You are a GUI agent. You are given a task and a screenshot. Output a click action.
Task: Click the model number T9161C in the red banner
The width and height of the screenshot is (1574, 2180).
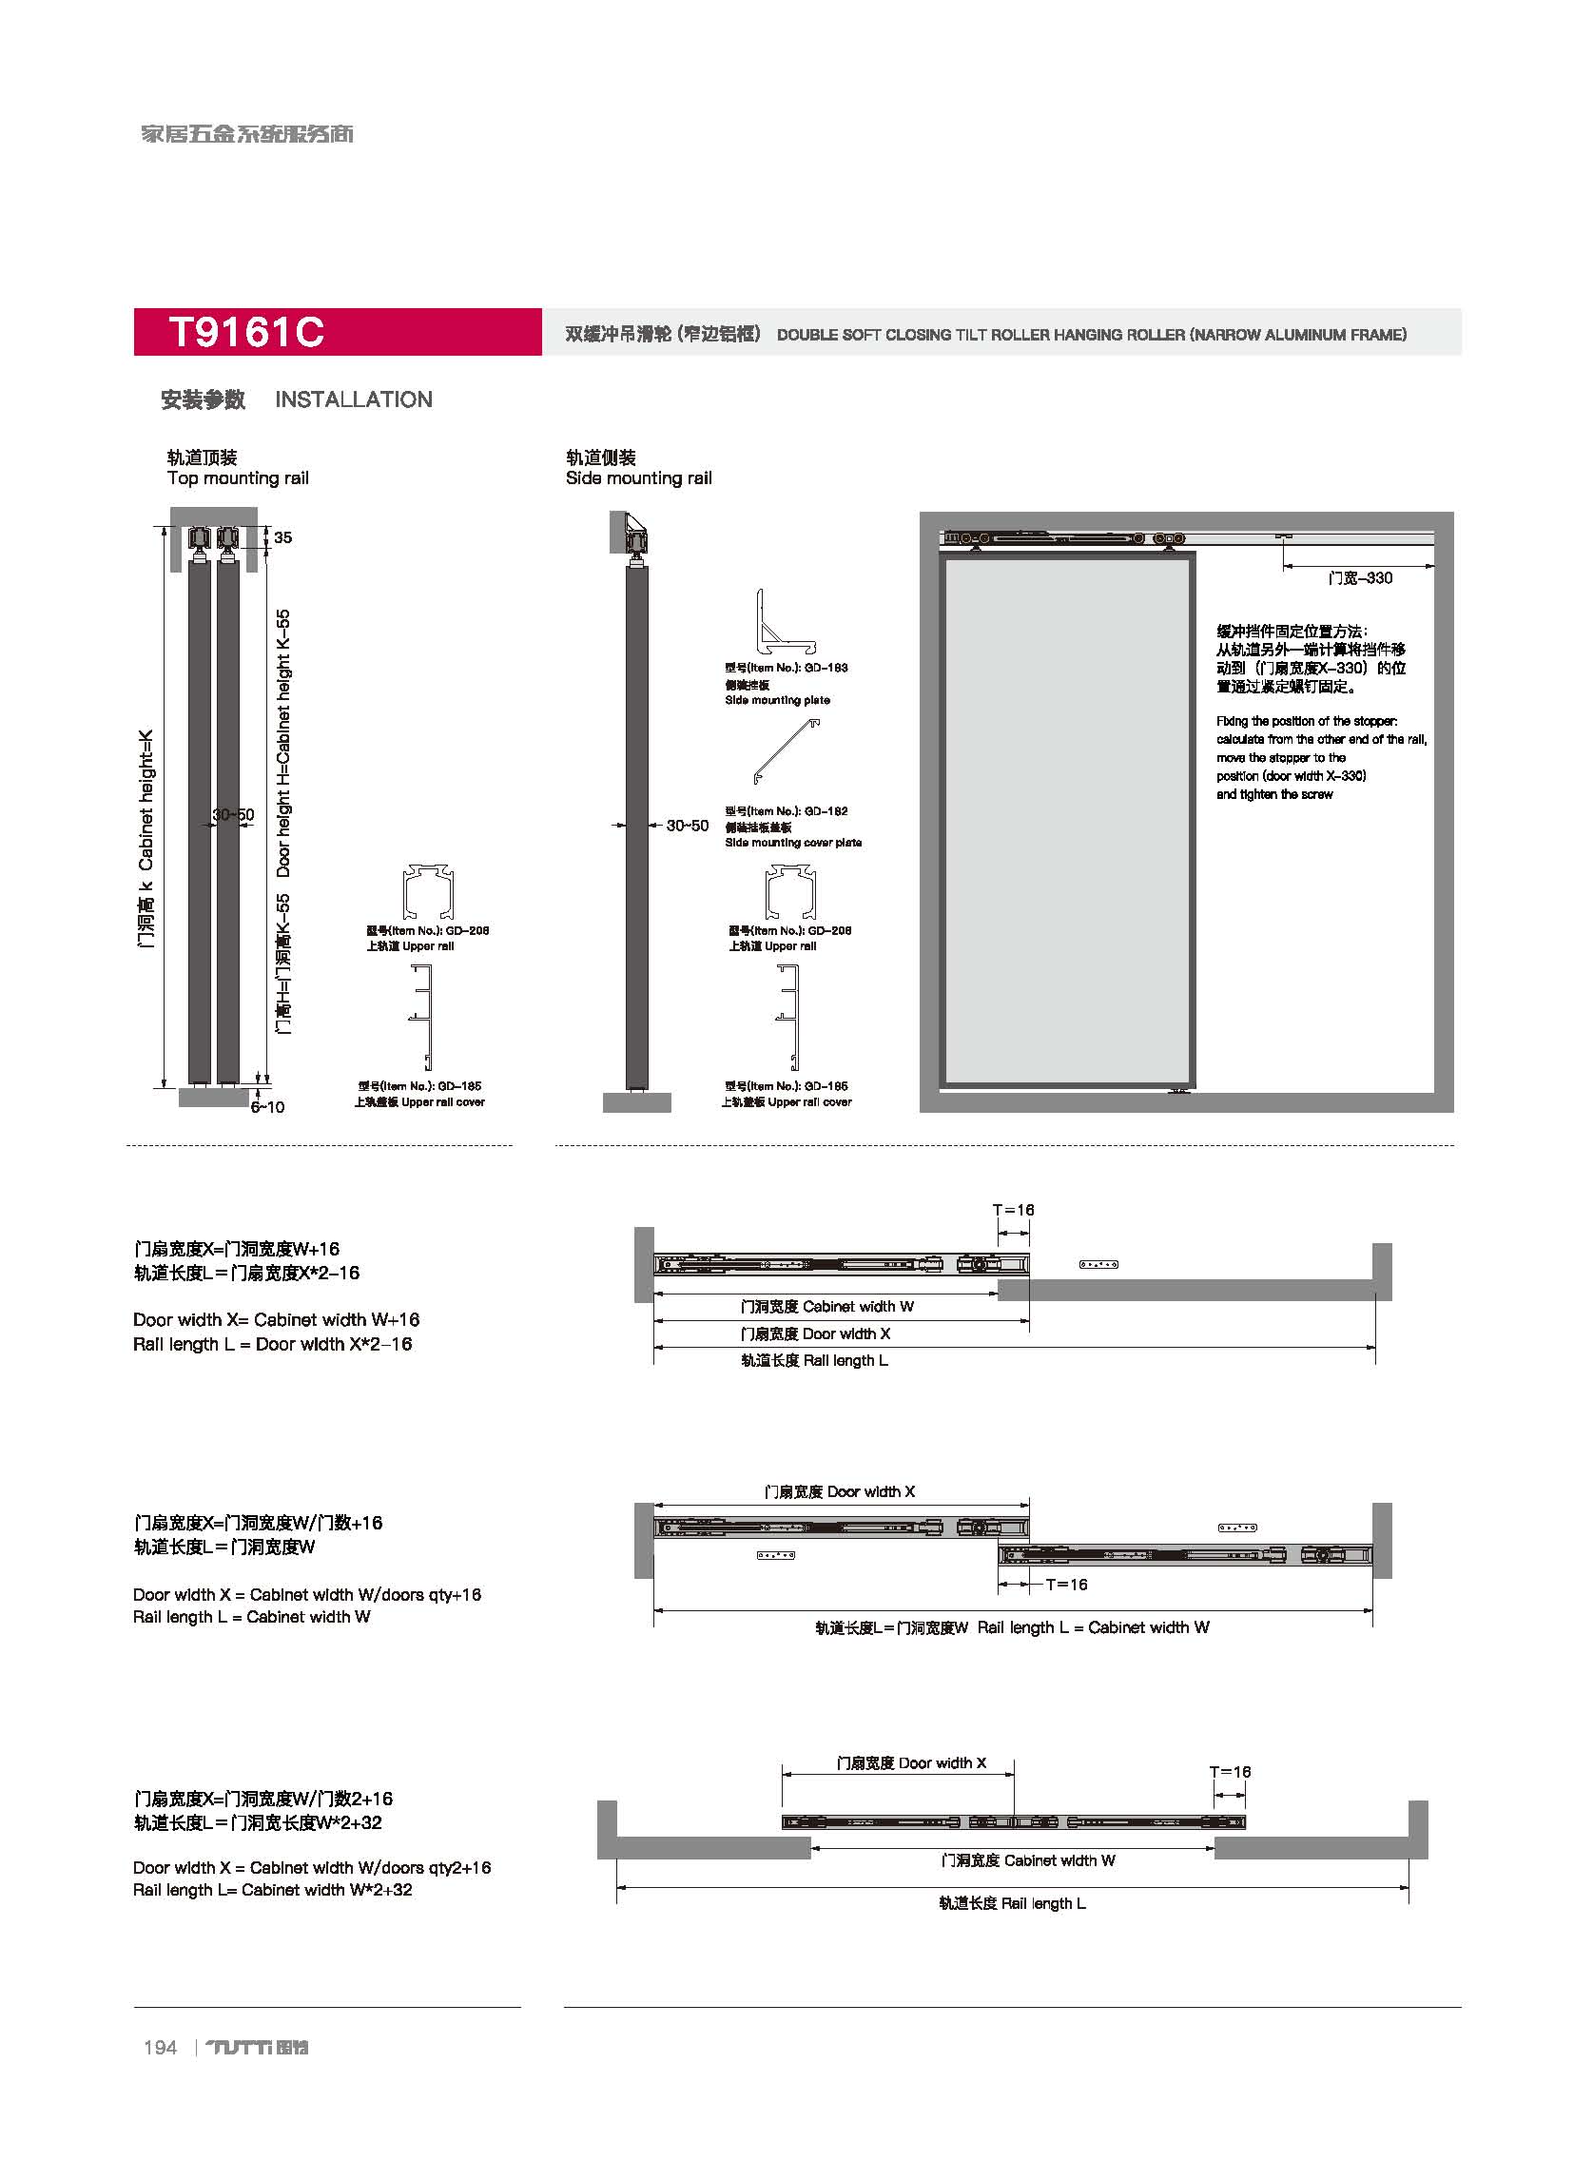(x=246, y=333)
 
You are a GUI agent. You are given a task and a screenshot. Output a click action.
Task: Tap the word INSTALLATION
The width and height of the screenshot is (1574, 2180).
(x=353, y=399)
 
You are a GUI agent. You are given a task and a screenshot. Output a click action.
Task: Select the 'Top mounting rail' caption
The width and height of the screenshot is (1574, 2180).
(x=238, y=478)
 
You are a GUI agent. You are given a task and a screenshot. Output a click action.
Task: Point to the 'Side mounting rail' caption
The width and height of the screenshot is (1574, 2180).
(x=638, y=478)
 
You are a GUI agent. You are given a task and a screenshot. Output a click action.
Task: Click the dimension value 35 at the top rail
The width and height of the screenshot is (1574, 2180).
(x=282, y=537)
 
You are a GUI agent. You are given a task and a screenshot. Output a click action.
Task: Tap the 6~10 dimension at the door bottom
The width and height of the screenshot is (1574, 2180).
(x=267, y=1107)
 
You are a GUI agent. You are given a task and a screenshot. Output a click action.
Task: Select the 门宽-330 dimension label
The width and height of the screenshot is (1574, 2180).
(x=1360, y=578)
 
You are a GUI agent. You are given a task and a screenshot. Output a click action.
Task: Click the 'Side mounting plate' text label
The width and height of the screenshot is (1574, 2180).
(x=776, y=701)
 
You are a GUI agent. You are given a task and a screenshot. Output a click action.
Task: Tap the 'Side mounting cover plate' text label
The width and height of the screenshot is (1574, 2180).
(x=793, y=843)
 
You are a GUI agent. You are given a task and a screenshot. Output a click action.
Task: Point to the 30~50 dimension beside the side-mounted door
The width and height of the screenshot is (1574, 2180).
(x=687, y=826)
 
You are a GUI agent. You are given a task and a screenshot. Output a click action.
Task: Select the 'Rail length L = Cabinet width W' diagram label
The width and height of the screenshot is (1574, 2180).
(x=1012, y=1627)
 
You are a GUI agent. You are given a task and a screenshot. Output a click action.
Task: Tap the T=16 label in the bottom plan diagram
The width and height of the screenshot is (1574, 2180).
(x=1229, y=1772)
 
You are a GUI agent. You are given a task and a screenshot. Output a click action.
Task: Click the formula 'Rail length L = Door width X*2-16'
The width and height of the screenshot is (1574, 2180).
(x=272, y=1345)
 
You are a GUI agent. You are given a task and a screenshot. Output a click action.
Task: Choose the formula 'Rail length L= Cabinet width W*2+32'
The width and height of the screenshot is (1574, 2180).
(x=272, y=1890)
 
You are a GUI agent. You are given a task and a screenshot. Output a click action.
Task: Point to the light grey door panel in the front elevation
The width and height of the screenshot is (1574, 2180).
(x=1068, y=822)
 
